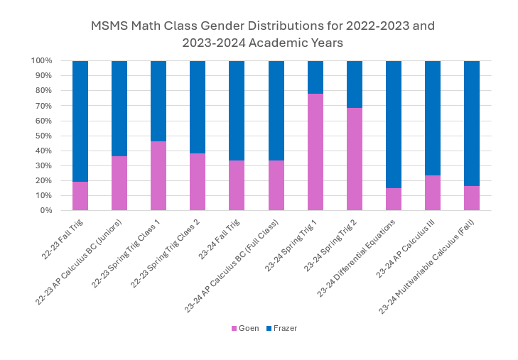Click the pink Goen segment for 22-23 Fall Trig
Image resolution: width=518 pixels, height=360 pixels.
[x=80, y=196]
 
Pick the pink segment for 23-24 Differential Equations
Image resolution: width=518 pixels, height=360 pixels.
[x=394, y=200]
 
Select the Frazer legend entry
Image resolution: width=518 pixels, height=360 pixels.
[x=283, y=328]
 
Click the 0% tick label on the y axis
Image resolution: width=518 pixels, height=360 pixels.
[x=46, y=210]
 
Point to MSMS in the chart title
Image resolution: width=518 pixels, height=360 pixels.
[x=109, y=26]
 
